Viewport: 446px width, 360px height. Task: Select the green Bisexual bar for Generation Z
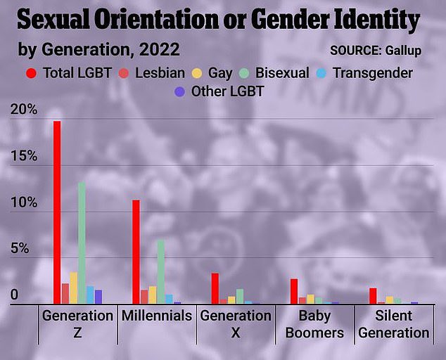[x=82, y=243]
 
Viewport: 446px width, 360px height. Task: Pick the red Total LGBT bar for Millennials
[x=136, y=252]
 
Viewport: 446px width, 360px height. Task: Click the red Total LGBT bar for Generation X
[x=215, y=288]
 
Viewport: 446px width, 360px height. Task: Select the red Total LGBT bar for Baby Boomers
[x=294, y=291]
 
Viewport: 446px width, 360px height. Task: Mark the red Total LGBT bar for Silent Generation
[x=373, y=295]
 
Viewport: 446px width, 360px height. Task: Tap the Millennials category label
[x=157, y=316]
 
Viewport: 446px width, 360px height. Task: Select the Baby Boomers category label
[x=314, y=324]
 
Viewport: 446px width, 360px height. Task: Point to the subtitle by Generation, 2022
[x=98, y=50]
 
